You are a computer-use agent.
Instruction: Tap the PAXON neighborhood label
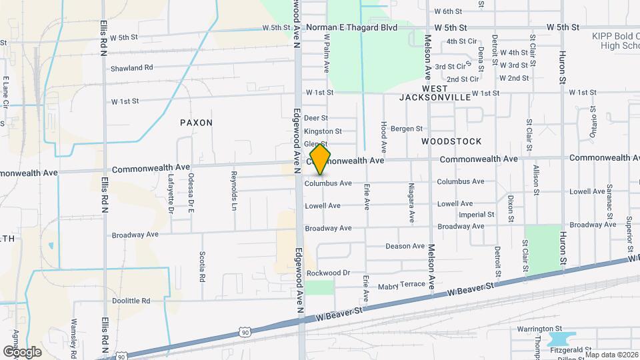(x=196, y=123)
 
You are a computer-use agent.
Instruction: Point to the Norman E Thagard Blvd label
(x=351, y=27)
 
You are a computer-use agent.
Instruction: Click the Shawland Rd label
(x=131, y=68)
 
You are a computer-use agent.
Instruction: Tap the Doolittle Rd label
(x=131, y=301)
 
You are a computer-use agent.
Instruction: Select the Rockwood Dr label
(x=328, y=273)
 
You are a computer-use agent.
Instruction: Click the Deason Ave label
(x=405, y=246)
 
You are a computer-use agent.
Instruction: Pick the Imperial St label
(x=477, y=215)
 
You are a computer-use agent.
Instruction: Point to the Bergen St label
(x=407, y=128)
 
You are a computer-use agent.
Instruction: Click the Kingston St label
(x=323, y=132)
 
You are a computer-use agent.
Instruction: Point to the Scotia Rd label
(x=201, y=267)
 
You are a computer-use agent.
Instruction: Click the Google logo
(x=22, y=351)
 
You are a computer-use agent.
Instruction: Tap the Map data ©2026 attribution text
(x=610, y=355)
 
